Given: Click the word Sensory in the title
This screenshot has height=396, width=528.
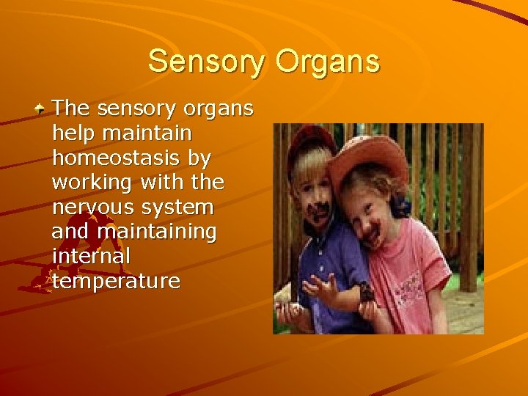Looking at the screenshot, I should pos(208,62).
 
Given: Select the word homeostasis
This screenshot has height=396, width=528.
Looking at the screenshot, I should pos(116,157).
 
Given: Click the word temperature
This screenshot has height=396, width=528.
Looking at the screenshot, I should pos(116,282).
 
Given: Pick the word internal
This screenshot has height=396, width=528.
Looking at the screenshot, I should pos(90,257).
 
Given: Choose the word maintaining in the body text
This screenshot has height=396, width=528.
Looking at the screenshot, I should pos(157,232).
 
